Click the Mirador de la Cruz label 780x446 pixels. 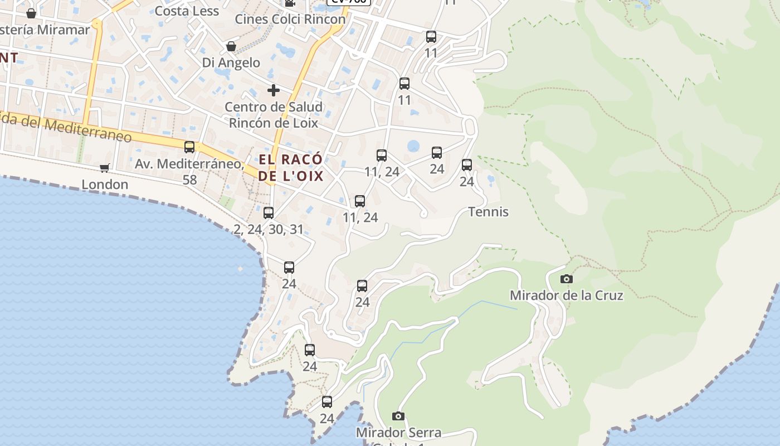click(x=566, y=295)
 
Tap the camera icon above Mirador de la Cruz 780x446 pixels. click(x=567, y=279)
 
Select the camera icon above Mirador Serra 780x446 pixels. click(x=398, y=416)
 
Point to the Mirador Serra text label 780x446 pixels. click(x=398, y=432)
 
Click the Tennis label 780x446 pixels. click(x=488, y=212)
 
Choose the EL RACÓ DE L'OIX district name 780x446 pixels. click(x=290, y=167)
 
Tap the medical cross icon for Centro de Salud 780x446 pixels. click(x=274, y=90)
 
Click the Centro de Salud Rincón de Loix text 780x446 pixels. click(x=274, y=115)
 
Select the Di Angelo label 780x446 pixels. click(x=231, y=62)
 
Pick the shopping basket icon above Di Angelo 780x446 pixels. click(x=231, y=46)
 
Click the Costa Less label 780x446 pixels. click(x=187, y=11)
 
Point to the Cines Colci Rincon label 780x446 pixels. click(x=290, y=19)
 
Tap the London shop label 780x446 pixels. click(x=105, y=184)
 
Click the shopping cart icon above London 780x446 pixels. click(x=104, y=168)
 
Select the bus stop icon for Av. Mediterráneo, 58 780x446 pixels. click(x=189, y=147)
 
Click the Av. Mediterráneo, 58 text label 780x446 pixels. click(x=189, y=171)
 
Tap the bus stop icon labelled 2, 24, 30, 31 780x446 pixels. click(x=269, y=212)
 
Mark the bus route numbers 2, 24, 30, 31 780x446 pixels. click(x=269, y=229)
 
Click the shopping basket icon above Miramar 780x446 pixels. click(x=31, y=13)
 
